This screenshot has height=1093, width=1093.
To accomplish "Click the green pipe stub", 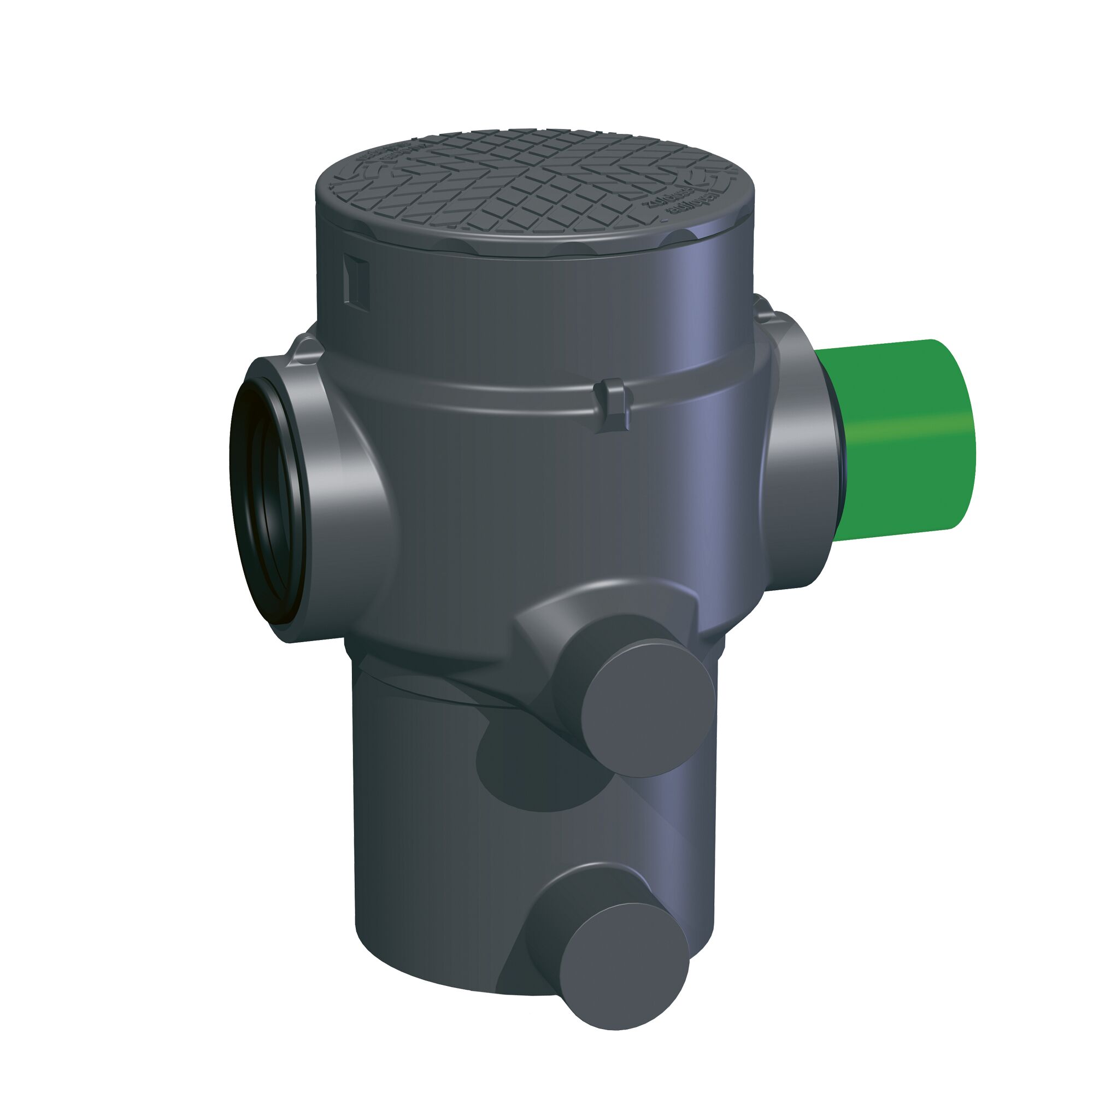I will tap(900, 441).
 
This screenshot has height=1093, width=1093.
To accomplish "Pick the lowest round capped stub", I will tap(625, 956).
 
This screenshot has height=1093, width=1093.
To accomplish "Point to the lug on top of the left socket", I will tap(305, 348).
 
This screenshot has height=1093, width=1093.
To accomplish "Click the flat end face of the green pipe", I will tap(962, 441).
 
